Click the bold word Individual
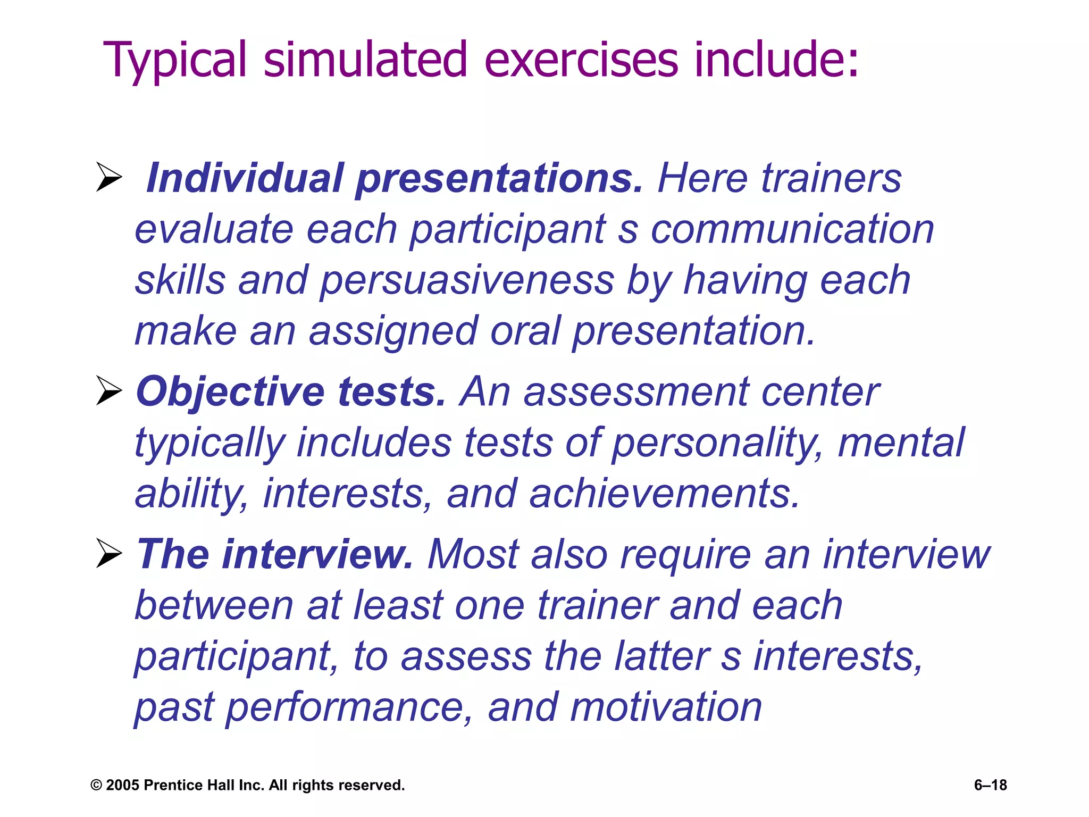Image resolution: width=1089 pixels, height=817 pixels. coord(244,178)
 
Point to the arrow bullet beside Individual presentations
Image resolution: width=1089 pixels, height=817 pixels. coord(109,177)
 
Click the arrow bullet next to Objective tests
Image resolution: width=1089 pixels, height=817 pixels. coord(109,391)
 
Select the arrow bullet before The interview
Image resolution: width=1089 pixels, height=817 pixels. coord(109,554)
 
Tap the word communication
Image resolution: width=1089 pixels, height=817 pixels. coord(792,229)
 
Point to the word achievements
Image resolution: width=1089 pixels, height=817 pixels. coord(664,494)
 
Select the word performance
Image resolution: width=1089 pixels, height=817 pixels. coord(346,708)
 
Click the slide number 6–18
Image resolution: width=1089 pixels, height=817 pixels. coord(990,785)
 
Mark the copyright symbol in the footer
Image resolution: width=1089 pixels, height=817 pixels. coord(96,785)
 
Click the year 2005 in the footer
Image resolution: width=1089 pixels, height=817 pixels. coord(123,785)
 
